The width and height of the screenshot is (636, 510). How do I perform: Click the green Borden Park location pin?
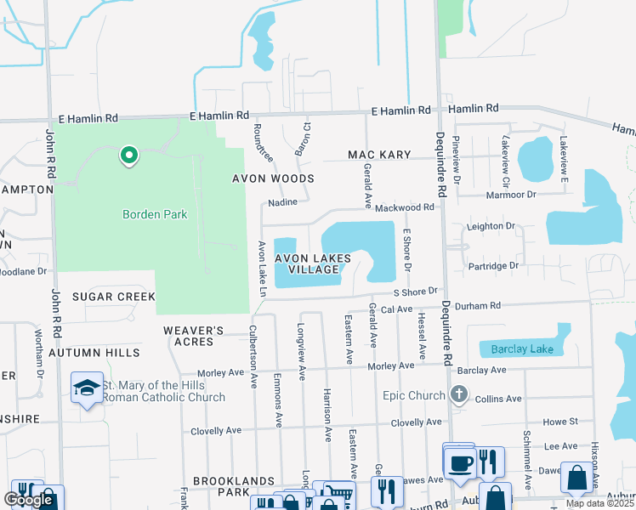[128, 156]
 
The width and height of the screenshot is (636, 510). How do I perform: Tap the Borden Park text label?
[154, 215]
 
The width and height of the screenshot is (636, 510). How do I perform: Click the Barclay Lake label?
[517, 349]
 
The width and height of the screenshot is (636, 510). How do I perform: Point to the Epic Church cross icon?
[459, 394]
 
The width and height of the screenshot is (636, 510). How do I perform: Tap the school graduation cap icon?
[87, 388]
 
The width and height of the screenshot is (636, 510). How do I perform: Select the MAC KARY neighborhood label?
[379, 155]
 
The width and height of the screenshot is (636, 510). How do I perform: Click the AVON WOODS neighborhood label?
[274, 179]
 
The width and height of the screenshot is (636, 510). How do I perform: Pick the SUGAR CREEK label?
[113, 297]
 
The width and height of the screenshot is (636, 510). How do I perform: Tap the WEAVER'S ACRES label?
[194, 336]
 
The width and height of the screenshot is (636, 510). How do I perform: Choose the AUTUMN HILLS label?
[94, 352]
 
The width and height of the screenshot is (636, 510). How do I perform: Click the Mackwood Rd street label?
[405, 207]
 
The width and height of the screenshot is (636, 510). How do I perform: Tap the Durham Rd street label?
[479, 305]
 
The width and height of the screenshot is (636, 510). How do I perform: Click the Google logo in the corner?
[28, 500]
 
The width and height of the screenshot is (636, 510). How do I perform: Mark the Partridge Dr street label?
[493, 266]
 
